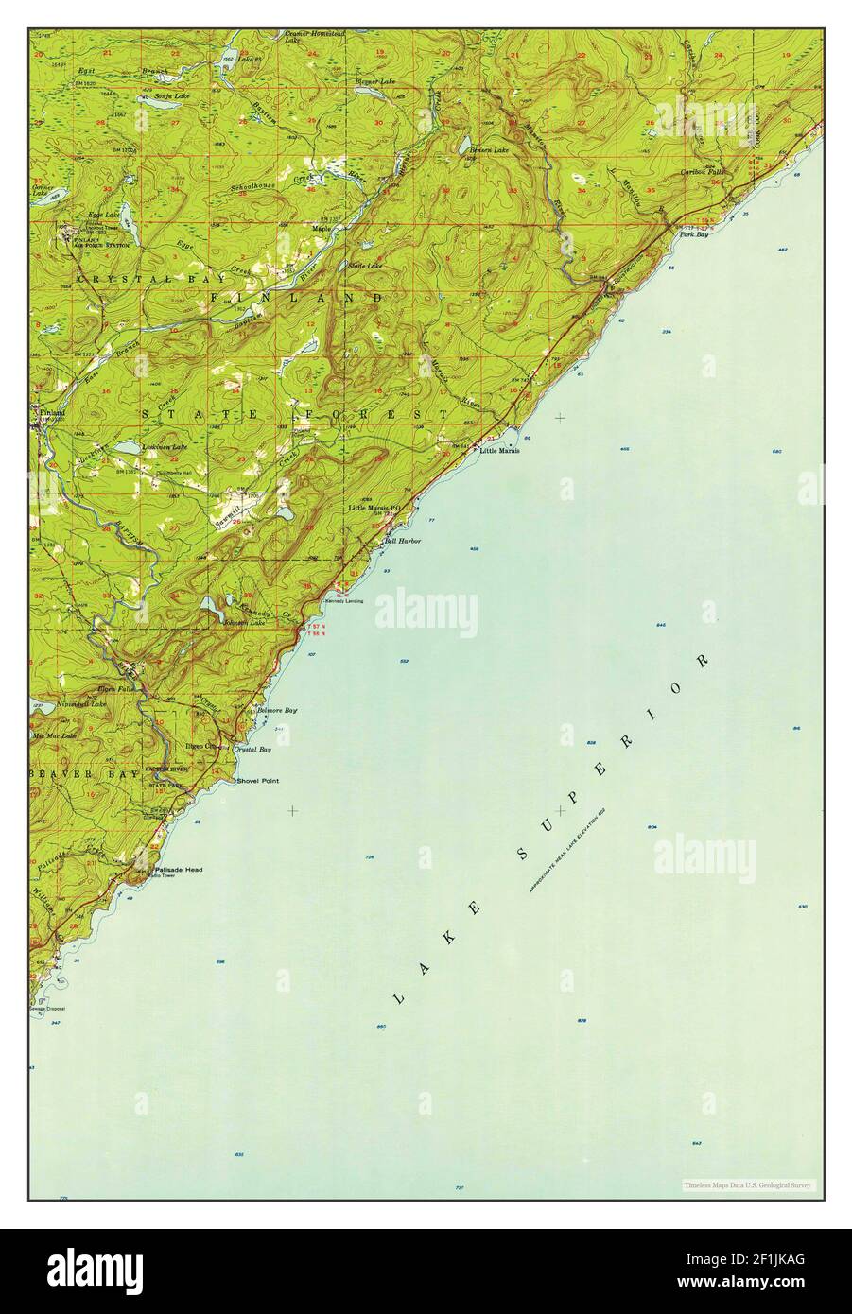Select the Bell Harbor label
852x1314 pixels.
401,542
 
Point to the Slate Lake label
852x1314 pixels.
367,266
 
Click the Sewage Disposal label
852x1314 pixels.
50,1008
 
